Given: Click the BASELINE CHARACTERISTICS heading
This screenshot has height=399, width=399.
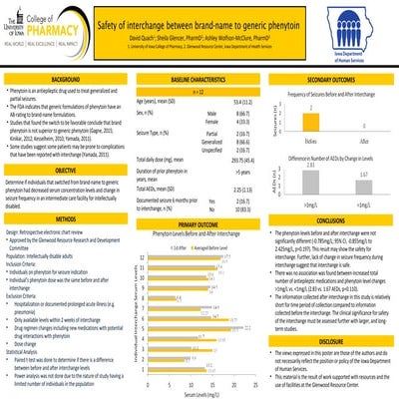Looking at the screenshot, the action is (x=198, y=78).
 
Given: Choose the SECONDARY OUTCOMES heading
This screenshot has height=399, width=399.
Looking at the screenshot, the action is (x=332, y=78).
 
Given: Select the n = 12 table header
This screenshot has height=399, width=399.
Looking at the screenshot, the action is (x=198, y=91).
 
